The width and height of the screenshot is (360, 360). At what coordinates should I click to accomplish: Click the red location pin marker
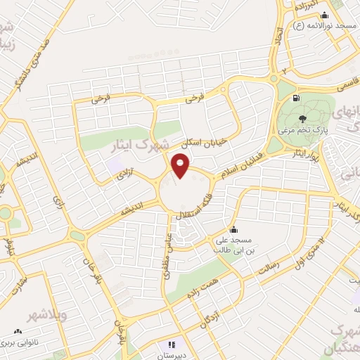181,166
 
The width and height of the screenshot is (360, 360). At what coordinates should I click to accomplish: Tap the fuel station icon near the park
294,98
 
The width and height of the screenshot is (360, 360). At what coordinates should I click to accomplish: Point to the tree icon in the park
302,119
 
